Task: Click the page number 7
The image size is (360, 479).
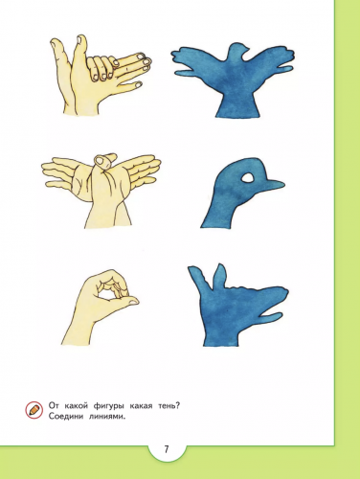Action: pyautogui.click(x=166, y=449)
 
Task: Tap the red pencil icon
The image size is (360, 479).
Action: pyautogui.click(x=34, y=410)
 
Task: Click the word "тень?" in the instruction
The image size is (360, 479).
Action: pyautogui.click(x=169, y=406)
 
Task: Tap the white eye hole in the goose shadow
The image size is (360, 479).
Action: pyautogui.click(x=248, y=177)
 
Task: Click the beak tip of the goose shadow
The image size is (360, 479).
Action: pyautogui.click(x=282, y=184)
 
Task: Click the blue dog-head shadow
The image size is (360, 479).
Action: pyautogui.click(x=236, y=304)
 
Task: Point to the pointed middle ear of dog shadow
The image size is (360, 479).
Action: pyautogui.click(x=220, y=275)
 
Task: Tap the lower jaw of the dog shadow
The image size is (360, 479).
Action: pyautogui.click(x=271, y=317)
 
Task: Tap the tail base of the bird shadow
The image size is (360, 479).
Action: pyautogui.click(x=237, y=107)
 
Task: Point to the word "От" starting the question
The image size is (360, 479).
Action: pyautogui.click(x=55, y=406)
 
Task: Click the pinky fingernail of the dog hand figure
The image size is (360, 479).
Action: pyautogui.click(x=139, y=84)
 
